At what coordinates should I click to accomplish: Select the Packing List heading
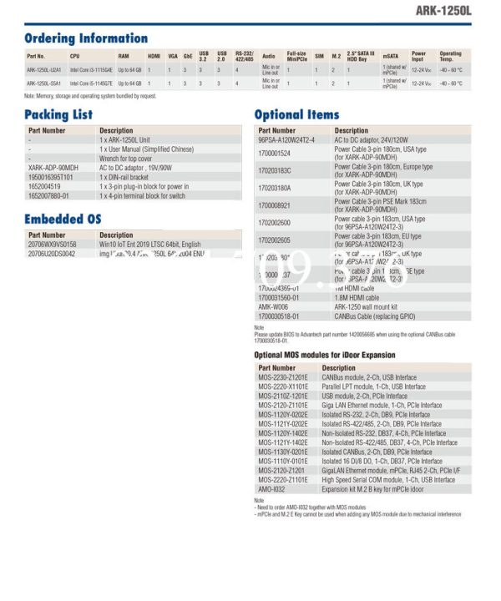tap(58, 114)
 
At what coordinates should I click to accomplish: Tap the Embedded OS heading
tap(63, 219)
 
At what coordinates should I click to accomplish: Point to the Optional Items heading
tap(296, 114)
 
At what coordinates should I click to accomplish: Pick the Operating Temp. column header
tap(451, 56)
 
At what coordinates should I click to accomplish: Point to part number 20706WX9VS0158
tap(52, 245)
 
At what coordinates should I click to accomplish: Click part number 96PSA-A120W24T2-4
tap(286, 139)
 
